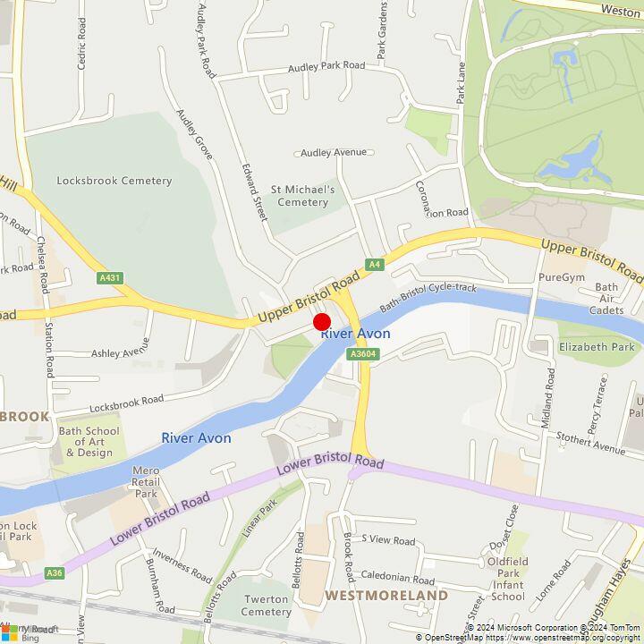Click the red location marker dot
click(x=321, y=323)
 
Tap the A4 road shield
click(x=375, y=265)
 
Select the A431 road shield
click(x=111, y=278)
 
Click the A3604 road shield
click(x=362, y=355)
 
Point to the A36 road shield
click(x=55, y=572)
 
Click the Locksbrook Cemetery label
click(x=114, y=181)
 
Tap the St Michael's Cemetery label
click(x=303, y=196)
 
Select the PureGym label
click(x=561, y=277)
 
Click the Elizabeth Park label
click(x=597, y=347)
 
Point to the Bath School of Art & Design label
click(x=89, y=442)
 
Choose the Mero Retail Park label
click(x=145, y=482)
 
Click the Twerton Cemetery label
click(x=267, y=606)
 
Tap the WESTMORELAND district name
click(x=386, y=595)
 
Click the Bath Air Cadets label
click(x=606, y=299)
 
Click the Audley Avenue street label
click(x=334, y=153)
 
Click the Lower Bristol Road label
click(x=330, y=463)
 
